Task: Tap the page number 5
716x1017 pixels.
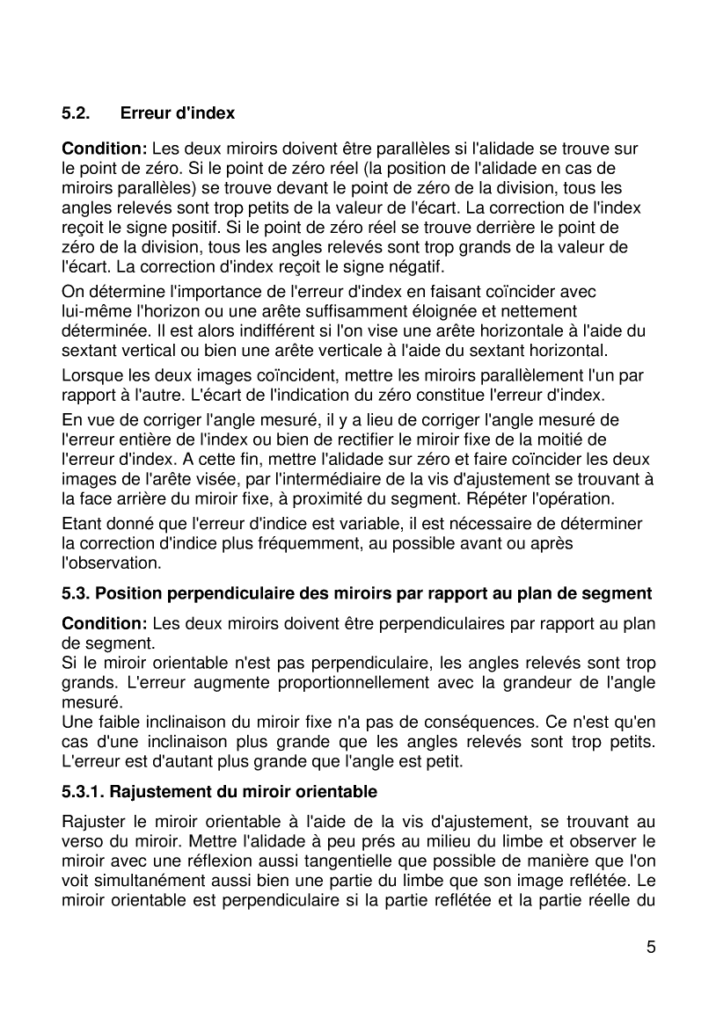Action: click(x=650, y=947)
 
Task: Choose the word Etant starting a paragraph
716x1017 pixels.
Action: click(x=81, y=524)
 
